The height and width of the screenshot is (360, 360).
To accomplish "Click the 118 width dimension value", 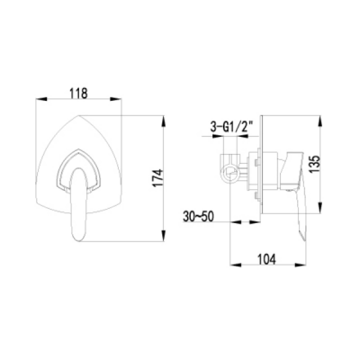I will tap(81, 91).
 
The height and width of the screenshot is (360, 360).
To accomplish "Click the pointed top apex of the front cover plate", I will tap(81, 113).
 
